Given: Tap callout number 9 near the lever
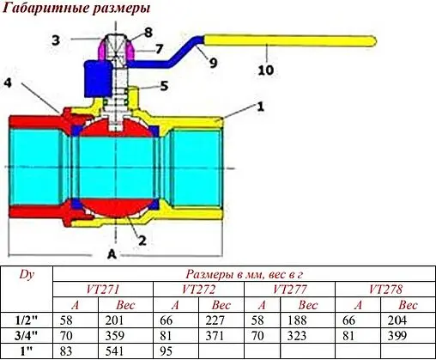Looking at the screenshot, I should click(212, 63).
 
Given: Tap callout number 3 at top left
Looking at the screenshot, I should click(55, 40).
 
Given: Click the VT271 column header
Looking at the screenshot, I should click(102, 289).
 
